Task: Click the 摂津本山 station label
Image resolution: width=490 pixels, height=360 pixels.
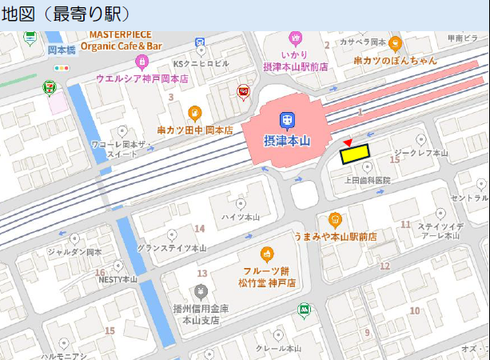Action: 287,141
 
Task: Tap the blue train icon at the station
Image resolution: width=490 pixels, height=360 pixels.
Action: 285,121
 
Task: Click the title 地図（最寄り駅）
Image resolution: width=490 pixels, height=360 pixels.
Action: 65,14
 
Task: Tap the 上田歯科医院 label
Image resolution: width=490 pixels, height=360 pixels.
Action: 367,181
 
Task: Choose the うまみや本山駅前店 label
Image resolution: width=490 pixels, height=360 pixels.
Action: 335,237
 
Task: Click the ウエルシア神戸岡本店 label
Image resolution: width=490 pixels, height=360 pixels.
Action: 141,78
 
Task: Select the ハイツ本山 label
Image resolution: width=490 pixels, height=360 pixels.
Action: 241,217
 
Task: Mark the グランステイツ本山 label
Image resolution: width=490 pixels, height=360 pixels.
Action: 171,248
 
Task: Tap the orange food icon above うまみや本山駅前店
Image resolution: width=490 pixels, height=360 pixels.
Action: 335,219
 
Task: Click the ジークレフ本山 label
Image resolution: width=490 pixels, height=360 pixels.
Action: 420,153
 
